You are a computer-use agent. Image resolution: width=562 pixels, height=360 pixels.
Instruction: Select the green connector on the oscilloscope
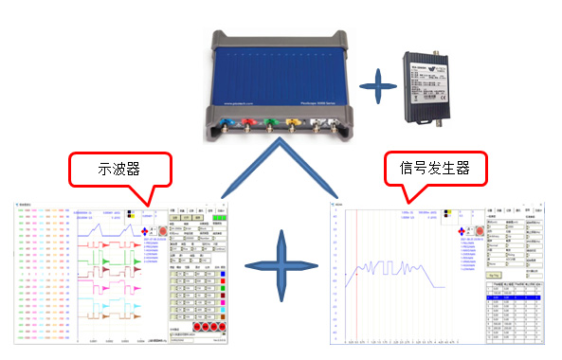[272, 122]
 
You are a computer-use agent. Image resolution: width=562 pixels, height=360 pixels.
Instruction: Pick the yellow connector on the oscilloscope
[295, 122]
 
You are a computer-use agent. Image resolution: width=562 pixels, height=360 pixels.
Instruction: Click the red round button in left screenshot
[162, 230]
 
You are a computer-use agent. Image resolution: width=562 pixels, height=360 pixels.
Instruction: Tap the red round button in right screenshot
[478, 230]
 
